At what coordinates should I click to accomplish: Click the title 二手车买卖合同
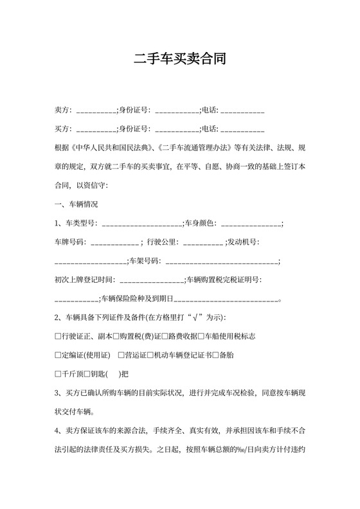click(180, 60)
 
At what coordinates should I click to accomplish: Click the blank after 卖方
click(96, 111)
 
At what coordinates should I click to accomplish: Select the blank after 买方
click(96, 130)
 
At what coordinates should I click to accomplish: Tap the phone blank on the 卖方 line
click(242, 111)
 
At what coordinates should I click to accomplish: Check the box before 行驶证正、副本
click(58, 336)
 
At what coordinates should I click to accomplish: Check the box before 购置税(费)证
click(116, 336)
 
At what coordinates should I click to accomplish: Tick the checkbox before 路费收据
click(165, 336)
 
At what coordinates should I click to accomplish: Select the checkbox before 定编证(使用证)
click(58, 355)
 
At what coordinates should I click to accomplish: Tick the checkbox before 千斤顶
click(58, 373)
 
